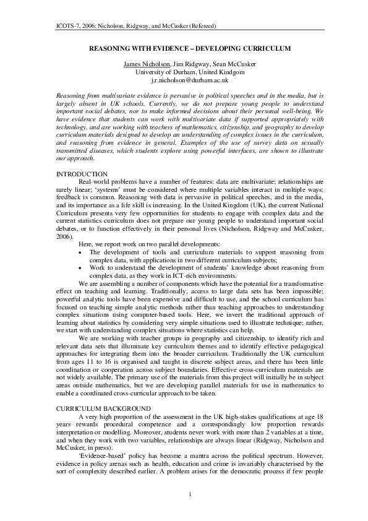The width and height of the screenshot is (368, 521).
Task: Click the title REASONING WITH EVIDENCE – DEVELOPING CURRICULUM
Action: pyautogui.click(x=184, y=47)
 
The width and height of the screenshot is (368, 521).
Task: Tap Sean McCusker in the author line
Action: pyautogui.click(x=223, y=64)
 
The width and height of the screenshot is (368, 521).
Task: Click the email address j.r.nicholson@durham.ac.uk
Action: pyautogui.click(x=184, y=80)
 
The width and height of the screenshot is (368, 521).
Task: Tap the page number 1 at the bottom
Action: pyautogui.click(x=184, y=494)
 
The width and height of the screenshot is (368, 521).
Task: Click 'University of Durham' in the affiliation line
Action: pyautogui.click(x=162, y=72)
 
